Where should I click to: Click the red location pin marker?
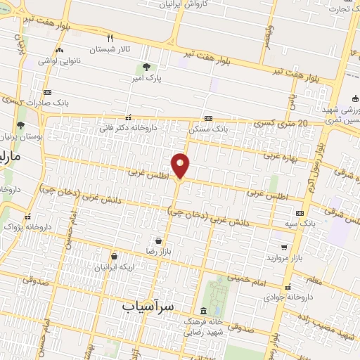point(181,165)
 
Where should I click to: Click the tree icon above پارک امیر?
point(146,67)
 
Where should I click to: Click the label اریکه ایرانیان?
point(115,268)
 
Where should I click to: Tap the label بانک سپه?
point(300,224)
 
